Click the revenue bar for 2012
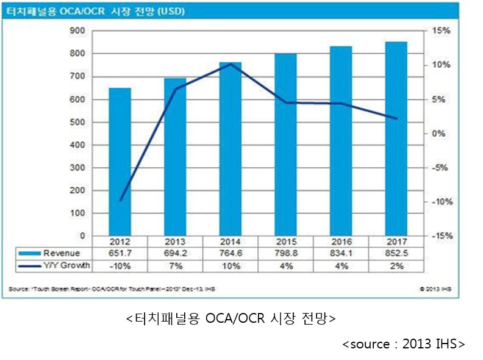click(x=120, y=162)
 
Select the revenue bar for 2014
click(x=230, y=149)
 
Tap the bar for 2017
click(x=396, y=139)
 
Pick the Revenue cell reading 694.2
click(x=175, y=253)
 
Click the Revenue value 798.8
click(x=285, y=253)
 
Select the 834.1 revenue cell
click(x=341, y=253)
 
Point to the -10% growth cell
click(x=120, y=265)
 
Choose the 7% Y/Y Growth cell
click(x=175, y=265)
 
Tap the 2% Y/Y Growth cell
click(x=396, y=265)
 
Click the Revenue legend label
click(x=62, y=253)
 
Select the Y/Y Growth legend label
click(x=66, y=265)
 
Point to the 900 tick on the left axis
click(x=77, y=31)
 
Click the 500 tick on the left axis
click(x=77, y=122)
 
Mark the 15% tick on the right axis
click(x=442, y=31)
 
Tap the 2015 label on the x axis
click(x=285, y=242)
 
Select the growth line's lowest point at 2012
click(x=120, y=200)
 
